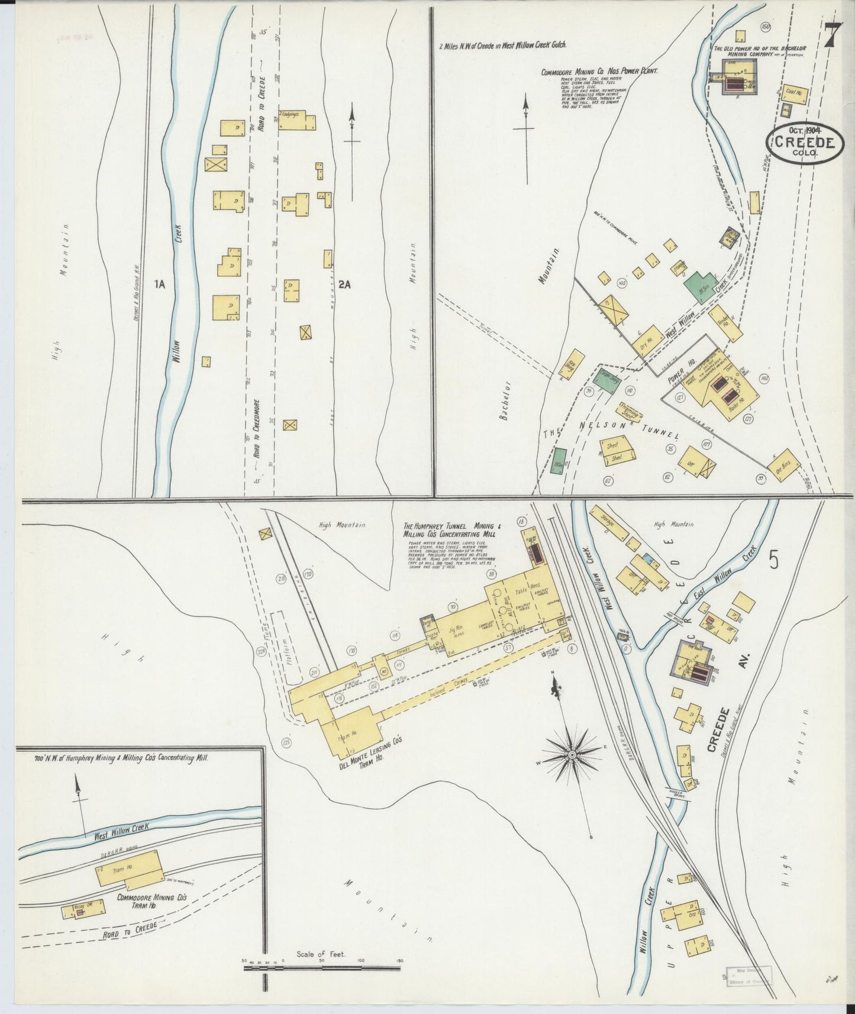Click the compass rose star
(572, 756)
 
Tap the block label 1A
(159, 285)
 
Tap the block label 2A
(345, 285)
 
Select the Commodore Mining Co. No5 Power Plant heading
(599, 72)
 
